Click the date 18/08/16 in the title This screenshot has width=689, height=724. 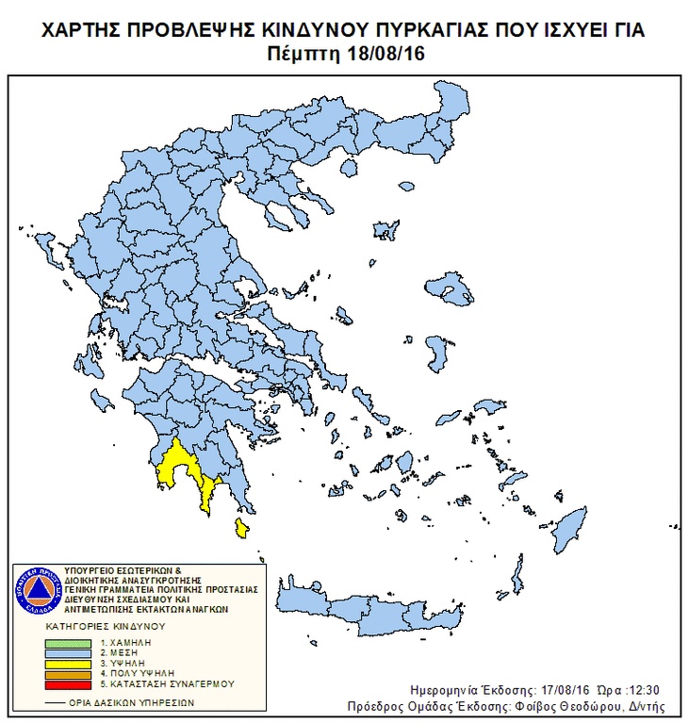tap(388, 54)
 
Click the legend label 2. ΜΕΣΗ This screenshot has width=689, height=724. tap(113, 652)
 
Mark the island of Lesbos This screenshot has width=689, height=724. tap(455, 287)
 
